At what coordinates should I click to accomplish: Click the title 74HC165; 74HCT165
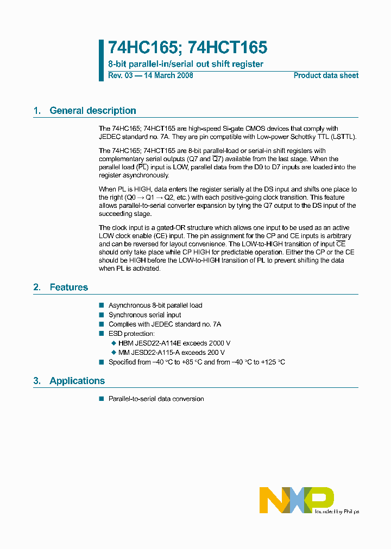[x=187, y=48]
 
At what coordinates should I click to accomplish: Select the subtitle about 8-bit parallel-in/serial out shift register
[x=186, y=64]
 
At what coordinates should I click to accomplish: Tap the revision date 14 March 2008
[x=168, y=75]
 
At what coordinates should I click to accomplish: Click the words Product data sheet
[x=326, y=75]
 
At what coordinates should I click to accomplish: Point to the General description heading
[x=92, y=111]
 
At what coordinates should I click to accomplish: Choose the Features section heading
[x=68, y=288]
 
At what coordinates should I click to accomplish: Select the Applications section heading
[x=77, y=381]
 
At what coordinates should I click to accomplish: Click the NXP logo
[x=297, y=500]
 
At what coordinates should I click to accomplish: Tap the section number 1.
[x=37, y=111]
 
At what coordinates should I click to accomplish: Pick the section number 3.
[x=37, y=381]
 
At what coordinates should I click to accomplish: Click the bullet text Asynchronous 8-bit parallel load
[x=155, y=305]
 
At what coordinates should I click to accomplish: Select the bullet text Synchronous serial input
[x=145, y=315]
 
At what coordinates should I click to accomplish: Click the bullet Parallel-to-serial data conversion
[x=156, y=399]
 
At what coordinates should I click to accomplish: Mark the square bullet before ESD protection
[x=101, y=334]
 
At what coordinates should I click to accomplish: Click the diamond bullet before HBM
[x=113, y=343]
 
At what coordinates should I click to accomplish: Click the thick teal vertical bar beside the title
[x=101, y=60]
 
